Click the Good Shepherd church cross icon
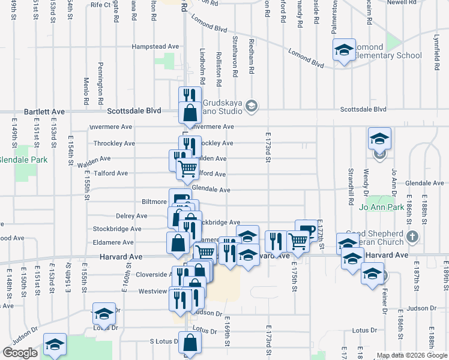click(x=412, y=237)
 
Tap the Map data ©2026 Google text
click(x=412, y=355)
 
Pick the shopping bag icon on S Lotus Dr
click(x=190, y=343)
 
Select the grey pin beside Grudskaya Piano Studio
click(x=252, y=106)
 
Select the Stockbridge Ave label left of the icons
click(x=117, y=229)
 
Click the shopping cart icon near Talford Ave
click(x=187, y=169)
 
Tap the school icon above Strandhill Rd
click(x=379, y=139)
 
